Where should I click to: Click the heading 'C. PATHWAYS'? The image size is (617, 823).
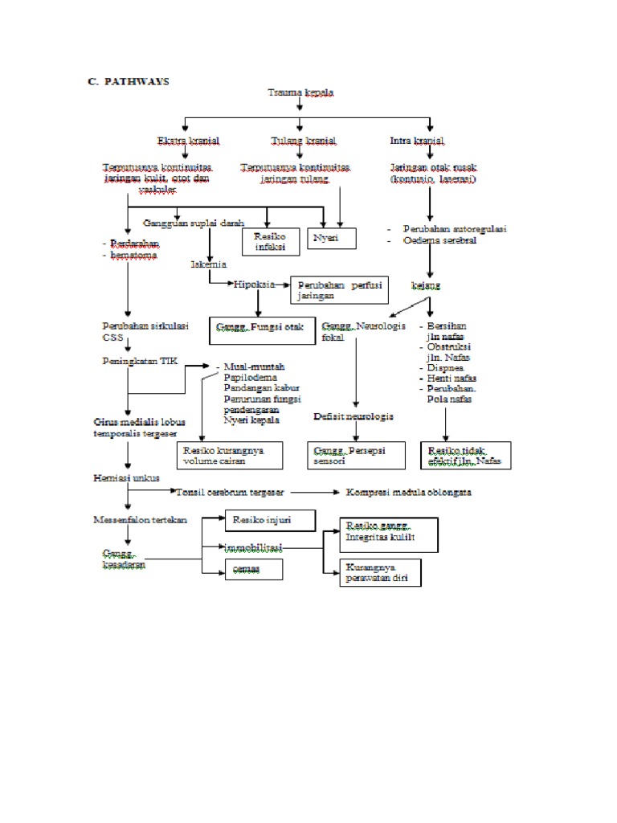129,82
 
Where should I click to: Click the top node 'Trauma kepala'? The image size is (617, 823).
300,92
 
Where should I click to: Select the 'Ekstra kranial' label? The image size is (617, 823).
188,141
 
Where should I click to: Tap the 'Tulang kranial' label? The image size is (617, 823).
298,141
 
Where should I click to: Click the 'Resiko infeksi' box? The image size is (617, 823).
271,243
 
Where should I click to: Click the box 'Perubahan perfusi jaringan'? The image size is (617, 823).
341,289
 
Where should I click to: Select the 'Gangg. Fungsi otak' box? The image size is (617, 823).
263,328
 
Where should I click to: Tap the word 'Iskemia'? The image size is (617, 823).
208,264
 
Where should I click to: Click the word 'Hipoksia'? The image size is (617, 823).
254,285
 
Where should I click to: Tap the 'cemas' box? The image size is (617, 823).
253,569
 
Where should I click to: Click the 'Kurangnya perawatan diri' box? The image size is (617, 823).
381,572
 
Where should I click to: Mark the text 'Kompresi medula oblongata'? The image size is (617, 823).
408,492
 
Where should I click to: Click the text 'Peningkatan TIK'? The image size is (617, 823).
139,362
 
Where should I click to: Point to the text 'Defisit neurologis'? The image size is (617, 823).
353,417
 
